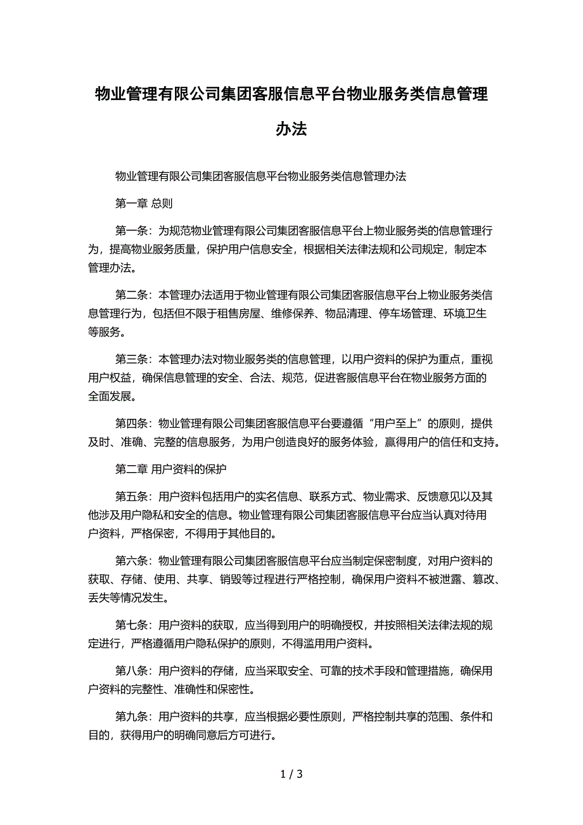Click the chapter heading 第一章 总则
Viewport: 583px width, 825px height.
[144, 203]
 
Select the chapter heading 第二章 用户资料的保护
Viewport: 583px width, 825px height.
[171, 470]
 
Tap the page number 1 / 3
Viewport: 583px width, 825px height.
[291, 774]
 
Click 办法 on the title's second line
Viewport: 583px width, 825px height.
[291, 129]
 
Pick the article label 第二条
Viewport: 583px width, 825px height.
[131, 295]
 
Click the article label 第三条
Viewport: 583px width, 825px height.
[131, 360]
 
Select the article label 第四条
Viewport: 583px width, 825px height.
[131, 425]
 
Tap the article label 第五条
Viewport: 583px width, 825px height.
[131, 496]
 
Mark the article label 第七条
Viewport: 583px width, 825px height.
[131, 625]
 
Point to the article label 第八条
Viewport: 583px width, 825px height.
[131, 671]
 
